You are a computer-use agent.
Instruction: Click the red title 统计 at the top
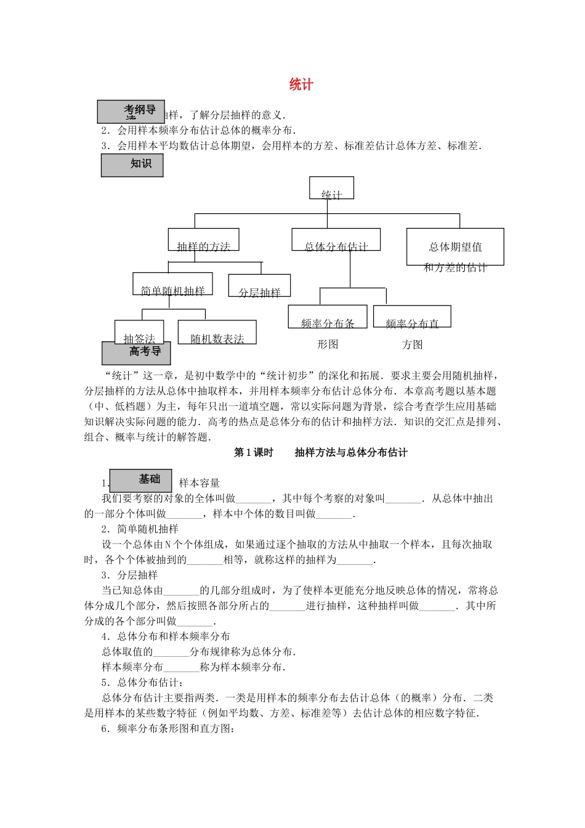(301, 85)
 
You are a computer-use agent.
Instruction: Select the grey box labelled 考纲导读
(131, 112)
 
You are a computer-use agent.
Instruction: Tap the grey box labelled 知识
(132, 165)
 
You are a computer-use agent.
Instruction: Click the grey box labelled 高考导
(136, 353)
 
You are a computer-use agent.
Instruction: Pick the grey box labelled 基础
(140, 481)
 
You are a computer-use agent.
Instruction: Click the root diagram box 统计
(331, 189)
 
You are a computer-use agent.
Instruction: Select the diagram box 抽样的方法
(203, 240)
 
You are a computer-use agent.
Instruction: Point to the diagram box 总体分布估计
(336, 240)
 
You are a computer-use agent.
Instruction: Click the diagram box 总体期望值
(455, 247)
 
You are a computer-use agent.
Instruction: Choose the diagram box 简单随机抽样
(173, 284)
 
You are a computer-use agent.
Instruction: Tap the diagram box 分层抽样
(259, 286)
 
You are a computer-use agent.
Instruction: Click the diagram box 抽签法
(139, 333)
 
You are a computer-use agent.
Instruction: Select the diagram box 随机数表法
(217, 333)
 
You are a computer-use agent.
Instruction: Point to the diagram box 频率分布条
(328, 317)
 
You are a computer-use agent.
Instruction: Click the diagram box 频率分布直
(412, 317)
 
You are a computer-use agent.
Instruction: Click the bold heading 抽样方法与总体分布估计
(351, 453)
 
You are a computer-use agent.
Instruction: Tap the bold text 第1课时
(253, 453)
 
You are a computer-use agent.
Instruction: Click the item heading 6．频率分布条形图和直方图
(168, 729)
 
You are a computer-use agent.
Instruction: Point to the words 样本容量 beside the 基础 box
(200, 484)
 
